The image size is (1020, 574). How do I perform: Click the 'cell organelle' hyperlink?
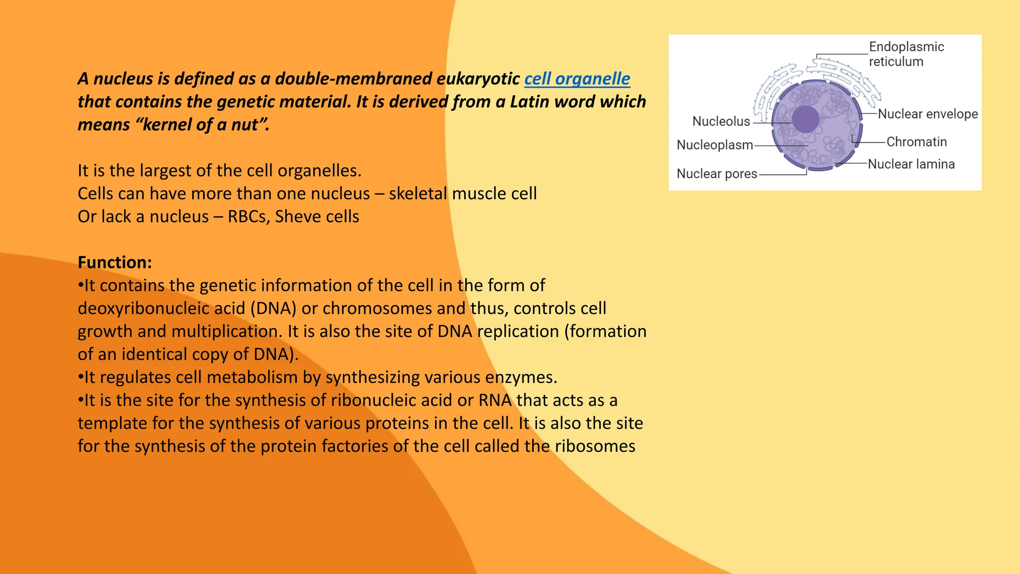tap(577, 79)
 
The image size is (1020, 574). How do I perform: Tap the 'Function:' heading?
tap(115, 262)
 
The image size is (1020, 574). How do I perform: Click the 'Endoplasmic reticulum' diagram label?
tap(906, 54)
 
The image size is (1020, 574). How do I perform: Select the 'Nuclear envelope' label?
tap(927, 114)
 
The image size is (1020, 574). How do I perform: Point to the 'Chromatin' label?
tap(916, 142)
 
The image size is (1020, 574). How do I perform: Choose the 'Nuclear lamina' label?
tap(911, 164)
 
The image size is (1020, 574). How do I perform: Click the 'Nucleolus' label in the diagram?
tap(721, 121)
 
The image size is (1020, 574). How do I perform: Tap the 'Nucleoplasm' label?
tap(714, 145)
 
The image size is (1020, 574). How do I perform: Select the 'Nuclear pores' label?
tap(716, 173)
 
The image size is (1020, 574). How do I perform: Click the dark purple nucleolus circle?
tap(805, 119)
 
